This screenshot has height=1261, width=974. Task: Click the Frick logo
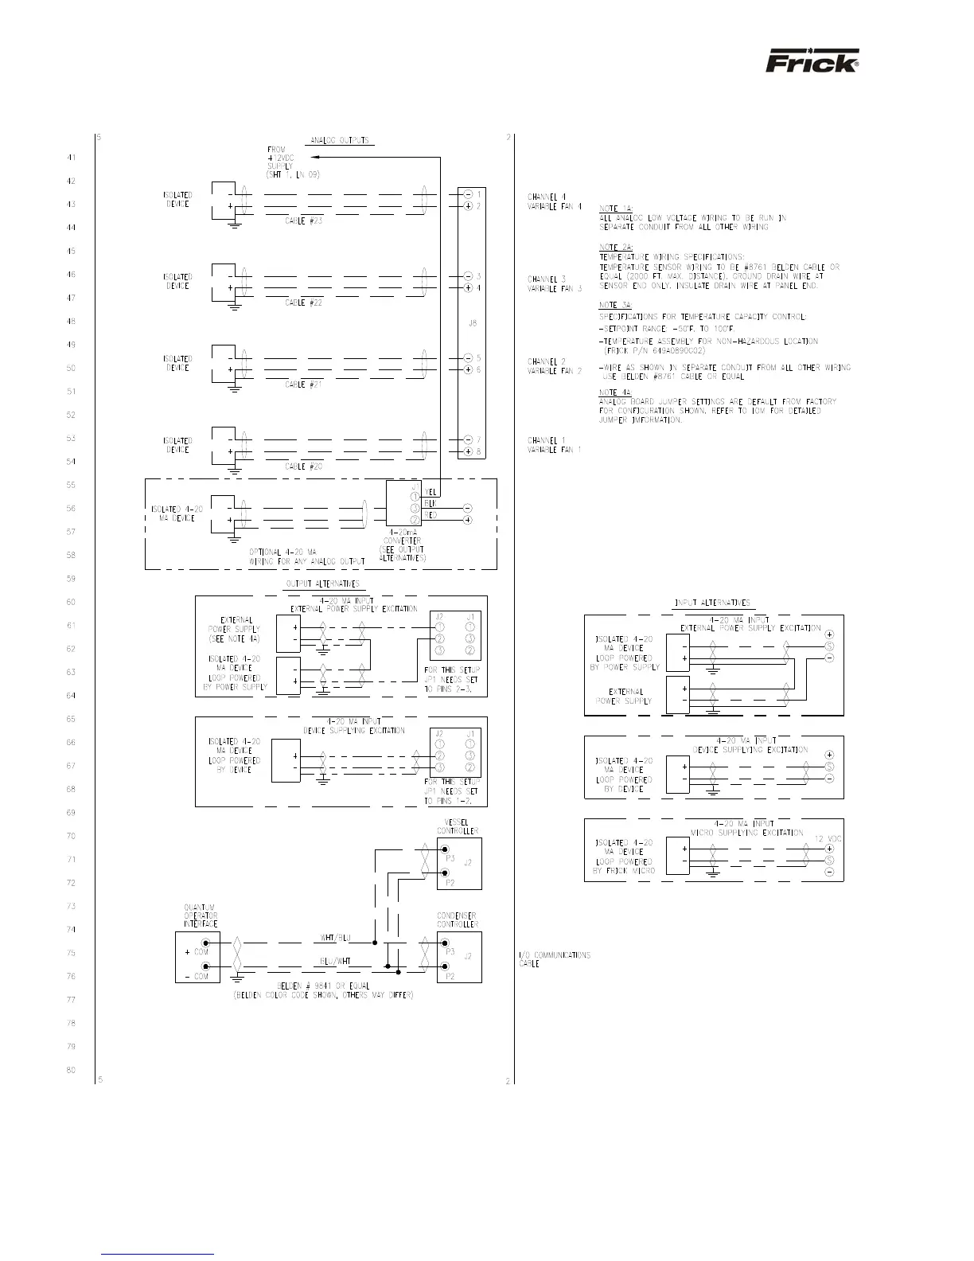[812, 62]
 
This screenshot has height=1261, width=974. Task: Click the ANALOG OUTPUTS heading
[340, 141]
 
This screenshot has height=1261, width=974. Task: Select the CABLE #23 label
[304, 221]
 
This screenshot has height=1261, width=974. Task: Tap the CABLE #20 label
[304, 467]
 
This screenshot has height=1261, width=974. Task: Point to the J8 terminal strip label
[472, 323]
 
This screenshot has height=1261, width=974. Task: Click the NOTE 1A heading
[615, 209]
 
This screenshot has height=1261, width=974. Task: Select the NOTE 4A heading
[615, 392]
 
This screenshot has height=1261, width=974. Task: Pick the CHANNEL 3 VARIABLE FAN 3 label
[555, 283]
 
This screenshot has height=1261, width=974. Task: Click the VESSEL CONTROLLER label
[458, 826]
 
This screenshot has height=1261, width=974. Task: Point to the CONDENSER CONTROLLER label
[458, 920]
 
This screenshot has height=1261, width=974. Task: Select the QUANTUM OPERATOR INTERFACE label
[200, 915]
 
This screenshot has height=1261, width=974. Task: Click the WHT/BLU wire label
[334, 938]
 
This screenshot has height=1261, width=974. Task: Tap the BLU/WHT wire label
[334, 962]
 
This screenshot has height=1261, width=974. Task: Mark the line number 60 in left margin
[71, 603]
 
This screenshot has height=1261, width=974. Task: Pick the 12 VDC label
[829, 839]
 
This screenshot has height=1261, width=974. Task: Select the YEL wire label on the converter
[431, 493]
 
